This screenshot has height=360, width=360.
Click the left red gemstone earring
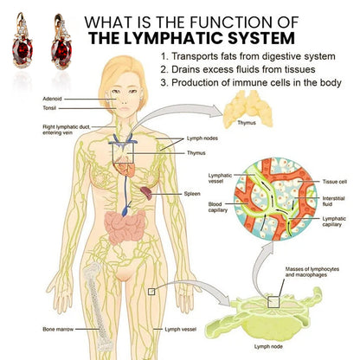22,41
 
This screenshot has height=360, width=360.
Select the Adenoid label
52,99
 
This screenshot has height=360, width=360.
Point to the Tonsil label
49,108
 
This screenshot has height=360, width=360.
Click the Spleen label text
192,194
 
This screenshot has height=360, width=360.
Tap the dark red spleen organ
146,193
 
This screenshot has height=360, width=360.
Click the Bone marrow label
58,329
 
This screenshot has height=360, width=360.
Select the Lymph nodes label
202,138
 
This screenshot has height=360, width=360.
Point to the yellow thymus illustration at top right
247,108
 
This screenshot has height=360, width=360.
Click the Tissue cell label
335,182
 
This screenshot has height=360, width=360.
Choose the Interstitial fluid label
333,201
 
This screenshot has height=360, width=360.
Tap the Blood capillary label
218,207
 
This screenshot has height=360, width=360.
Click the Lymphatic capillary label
334,222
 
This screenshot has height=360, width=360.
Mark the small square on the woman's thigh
151,292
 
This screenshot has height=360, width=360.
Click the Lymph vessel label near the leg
181,329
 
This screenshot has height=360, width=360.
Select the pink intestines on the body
125,227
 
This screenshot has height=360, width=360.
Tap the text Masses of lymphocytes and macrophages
312,272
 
